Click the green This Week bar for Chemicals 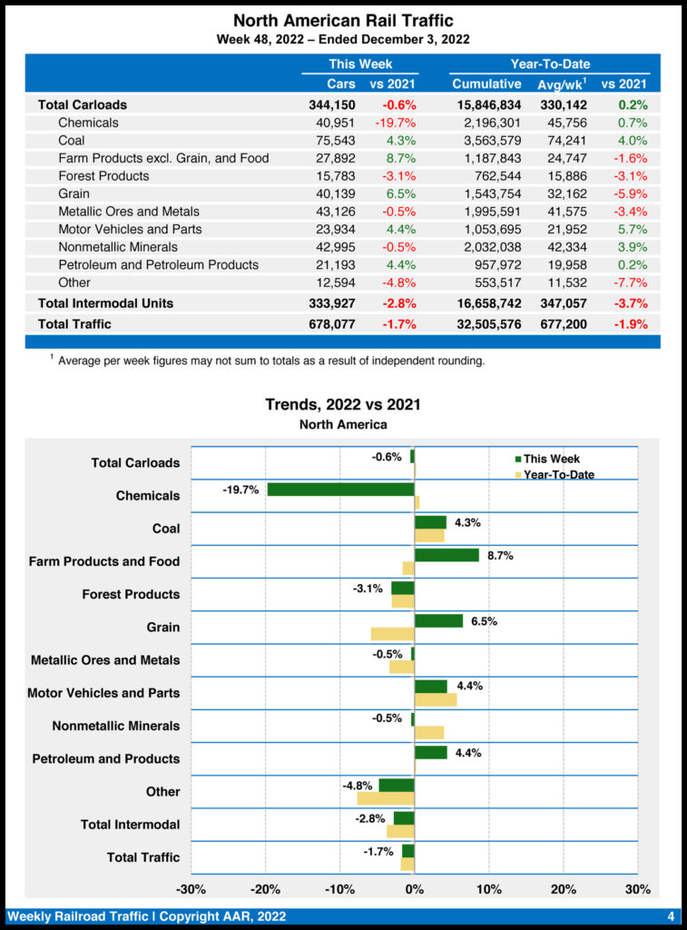(340, 490)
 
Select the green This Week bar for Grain (438, 621)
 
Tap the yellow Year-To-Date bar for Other (386, 798)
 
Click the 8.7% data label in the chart (500, 556)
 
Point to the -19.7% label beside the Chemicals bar (240, 490)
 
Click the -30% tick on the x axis (191, 888)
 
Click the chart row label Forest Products (131, 594)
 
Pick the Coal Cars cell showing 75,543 (336, 141)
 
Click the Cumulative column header (486, 84)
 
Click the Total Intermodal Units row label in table (105, 302)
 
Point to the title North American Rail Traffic (343, 20)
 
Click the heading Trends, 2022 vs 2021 (343, 405)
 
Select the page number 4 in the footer (670, 915)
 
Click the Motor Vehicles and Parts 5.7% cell (633, 229)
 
